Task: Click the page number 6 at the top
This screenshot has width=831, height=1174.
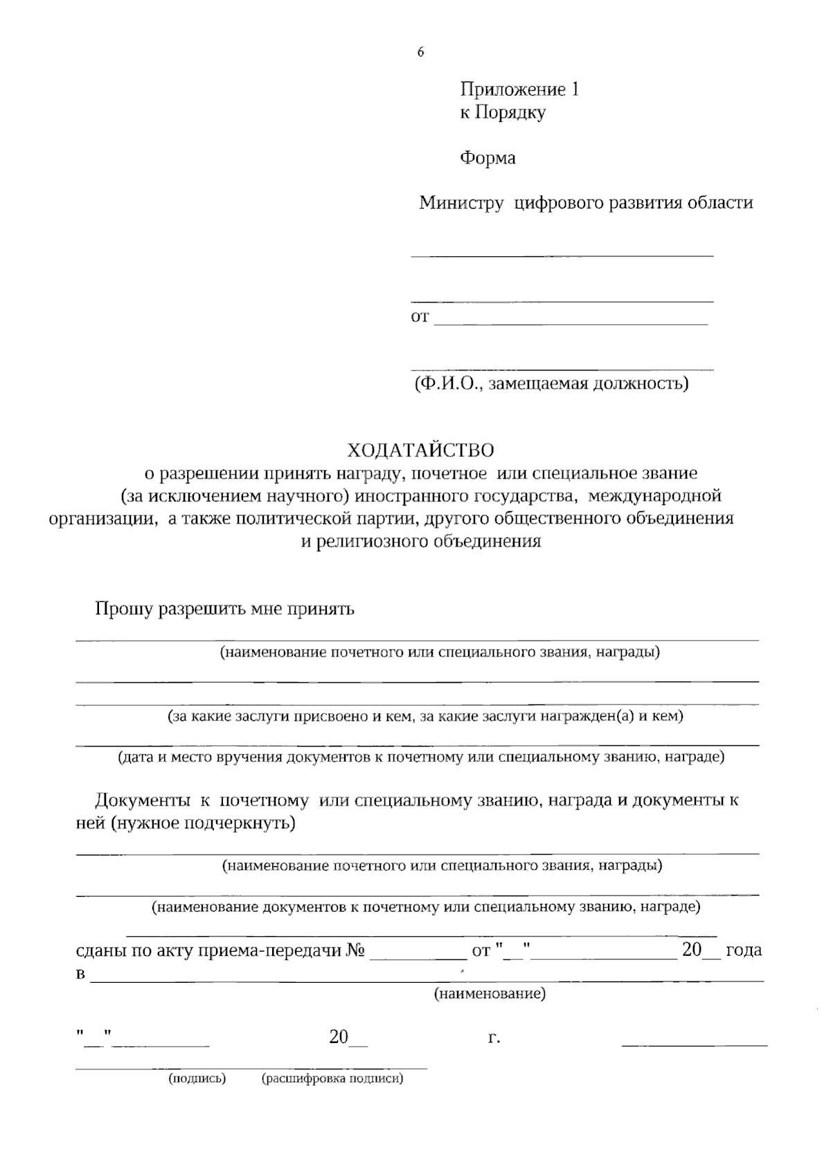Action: point(420,53)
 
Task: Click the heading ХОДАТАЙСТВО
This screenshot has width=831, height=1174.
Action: point(420,450)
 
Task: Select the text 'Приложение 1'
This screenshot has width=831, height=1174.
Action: point(519,89)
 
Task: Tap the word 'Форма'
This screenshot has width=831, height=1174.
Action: point(488,158)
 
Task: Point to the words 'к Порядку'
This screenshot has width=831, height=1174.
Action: point(503,112)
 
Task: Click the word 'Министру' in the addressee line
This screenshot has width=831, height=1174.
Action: point(461,203)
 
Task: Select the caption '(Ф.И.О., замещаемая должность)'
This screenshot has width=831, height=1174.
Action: point(551,383)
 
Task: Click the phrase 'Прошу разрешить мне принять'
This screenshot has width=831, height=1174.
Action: point(225,609)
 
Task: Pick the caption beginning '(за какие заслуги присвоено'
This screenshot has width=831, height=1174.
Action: point(425,716)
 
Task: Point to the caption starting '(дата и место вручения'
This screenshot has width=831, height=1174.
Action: point(420,756)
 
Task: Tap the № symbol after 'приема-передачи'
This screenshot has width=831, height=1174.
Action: point(355,950)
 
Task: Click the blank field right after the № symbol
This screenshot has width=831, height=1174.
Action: point(418,953)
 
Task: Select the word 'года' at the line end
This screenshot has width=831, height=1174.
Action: point(744,950)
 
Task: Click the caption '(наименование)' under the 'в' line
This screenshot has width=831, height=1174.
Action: point(490,995)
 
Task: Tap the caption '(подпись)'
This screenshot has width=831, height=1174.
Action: point(197,1078)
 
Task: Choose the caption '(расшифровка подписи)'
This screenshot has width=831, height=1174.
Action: point(332,1078)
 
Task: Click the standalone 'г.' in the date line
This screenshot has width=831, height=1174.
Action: point(494,1038)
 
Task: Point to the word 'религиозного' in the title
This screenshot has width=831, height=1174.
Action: point(373,542)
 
